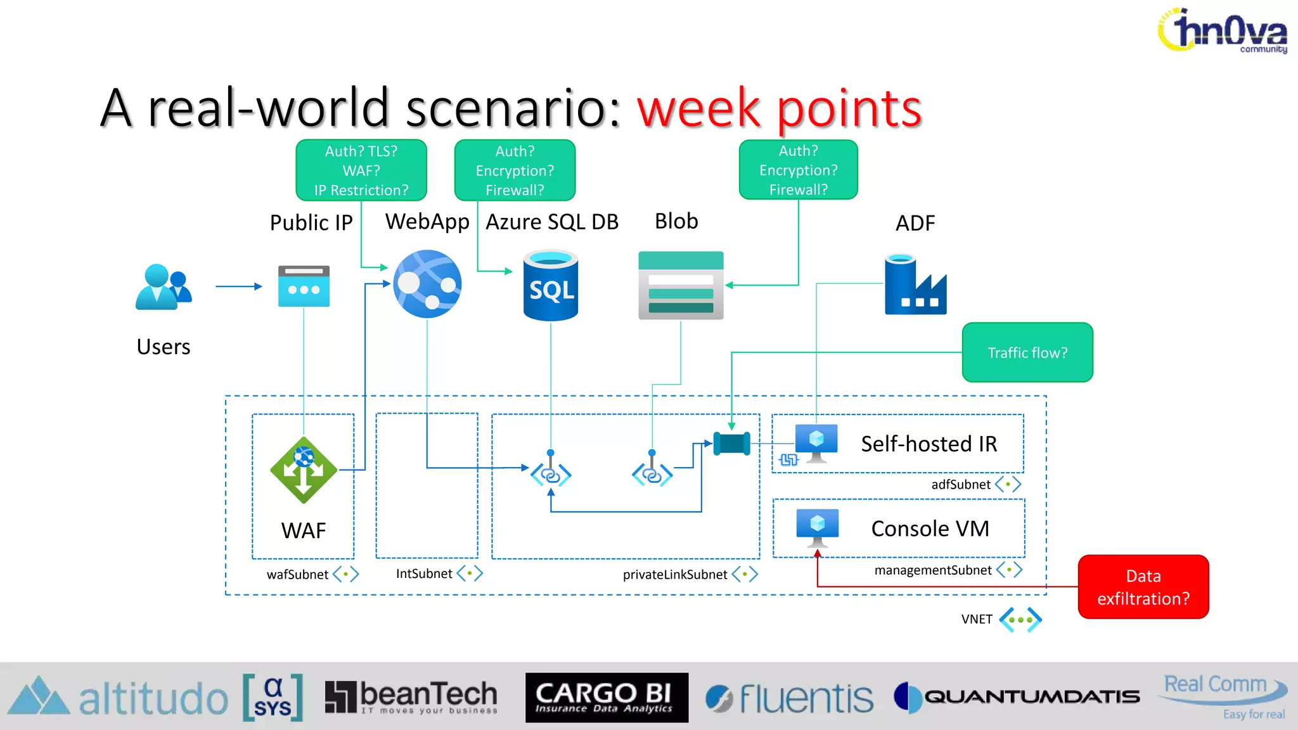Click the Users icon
point(163,287)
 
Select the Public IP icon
point(304,286)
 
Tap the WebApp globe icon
point(427,284)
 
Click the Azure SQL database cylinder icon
point(551,286)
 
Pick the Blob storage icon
point(681,286)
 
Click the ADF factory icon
point(915,285)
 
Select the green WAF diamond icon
point(304,470)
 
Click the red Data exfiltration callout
point(1143,587)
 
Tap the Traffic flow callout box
point(1027,352)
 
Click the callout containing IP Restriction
point(361,170)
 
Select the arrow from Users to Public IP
point(238,286)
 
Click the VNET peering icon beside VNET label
point(1020,619)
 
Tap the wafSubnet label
point(297,574)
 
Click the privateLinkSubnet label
point(675,574)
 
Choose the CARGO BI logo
point(607,698)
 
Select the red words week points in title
point(779,108)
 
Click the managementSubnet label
point(933,570)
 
